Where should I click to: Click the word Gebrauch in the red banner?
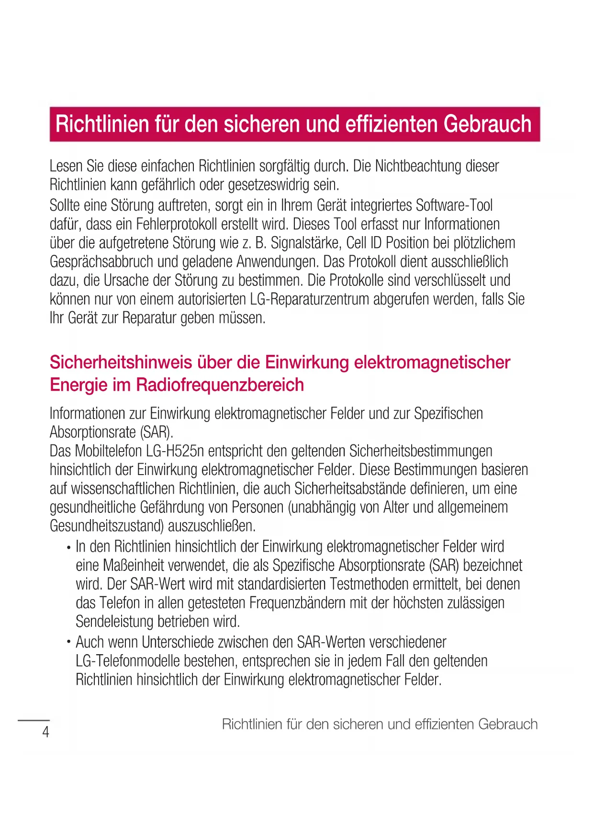(x=487, y=124)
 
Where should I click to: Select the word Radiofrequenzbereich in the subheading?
(x=220, y=385)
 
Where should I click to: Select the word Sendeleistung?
(x=114, y=622)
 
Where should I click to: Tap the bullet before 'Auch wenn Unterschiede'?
(x=69, y=643)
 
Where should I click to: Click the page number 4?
(x=45, y=732)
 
